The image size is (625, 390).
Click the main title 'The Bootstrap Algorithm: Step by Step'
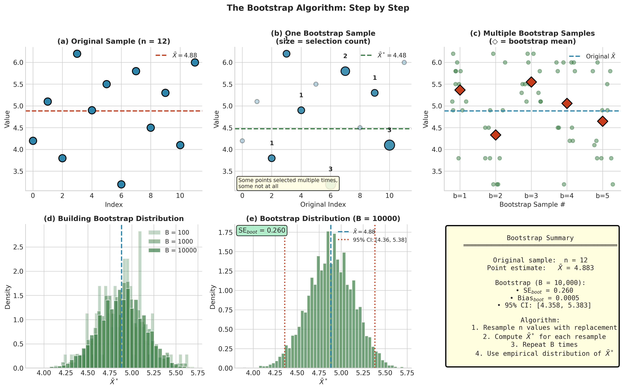pyautogui.click(x=318, y=8)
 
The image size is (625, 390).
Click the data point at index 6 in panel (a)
pyautogui.click(x=121, y=184)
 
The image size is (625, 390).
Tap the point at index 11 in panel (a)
pyautogui.click(x=195, y=62)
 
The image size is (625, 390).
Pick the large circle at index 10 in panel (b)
pyautogui.click(x=389, y=145)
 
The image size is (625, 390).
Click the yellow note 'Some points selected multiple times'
pyautogui.click(x=288, y=183)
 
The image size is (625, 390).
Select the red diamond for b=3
pyautogui.click(x=531, y=82)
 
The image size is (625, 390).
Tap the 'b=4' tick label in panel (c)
pyautogui.click(x=567, y=196)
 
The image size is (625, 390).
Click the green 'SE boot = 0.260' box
pyautogui.click(x=262, y=230)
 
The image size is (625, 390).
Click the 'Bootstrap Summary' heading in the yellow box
pyautogui.click(x=540, y=238)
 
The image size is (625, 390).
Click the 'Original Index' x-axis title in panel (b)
pyautogui.click(x=323, y=205)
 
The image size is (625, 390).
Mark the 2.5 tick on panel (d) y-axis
pyautogui.click(x=18, y=247)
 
